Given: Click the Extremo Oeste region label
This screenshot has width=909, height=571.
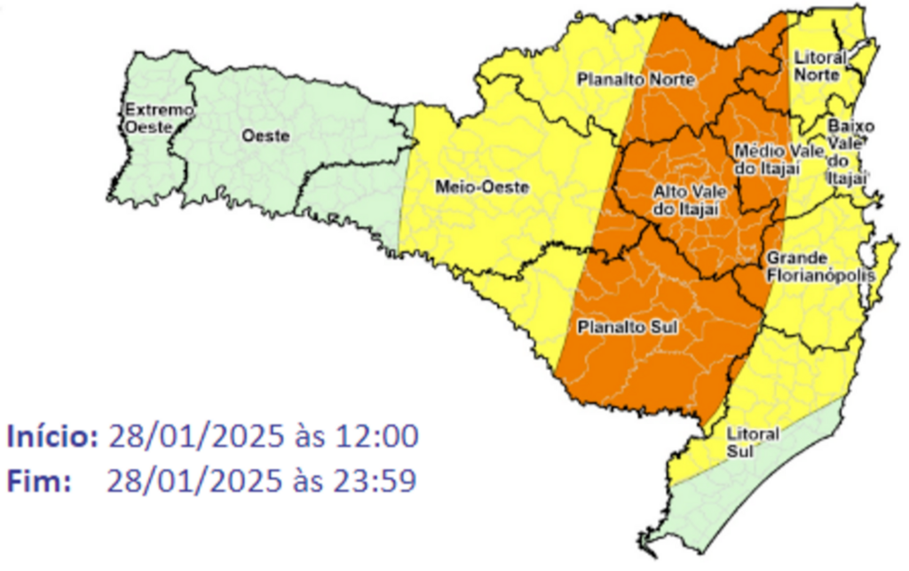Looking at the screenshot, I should (x=146, y=119).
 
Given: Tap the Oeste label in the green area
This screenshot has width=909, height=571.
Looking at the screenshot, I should (x=266, y=137).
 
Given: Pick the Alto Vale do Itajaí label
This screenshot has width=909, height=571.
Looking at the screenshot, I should (x=685, y=200).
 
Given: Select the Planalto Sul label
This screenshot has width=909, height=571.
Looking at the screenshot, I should (x=628, y=328).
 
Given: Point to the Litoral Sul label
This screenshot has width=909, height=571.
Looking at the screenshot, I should (x=752, y=441).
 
